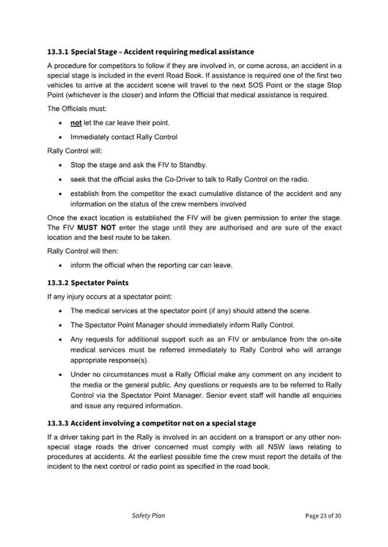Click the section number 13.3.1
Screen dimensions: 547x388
click(56, 52)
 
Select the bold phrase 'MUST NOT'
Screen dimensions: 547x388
click(97, 228)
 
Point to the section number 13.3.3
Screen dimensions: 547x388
click(57, 423)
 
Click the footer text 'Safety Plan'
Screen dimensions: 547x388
click(148, 515)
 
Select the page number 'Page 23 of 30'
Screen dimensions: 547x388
click(323, 516)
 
